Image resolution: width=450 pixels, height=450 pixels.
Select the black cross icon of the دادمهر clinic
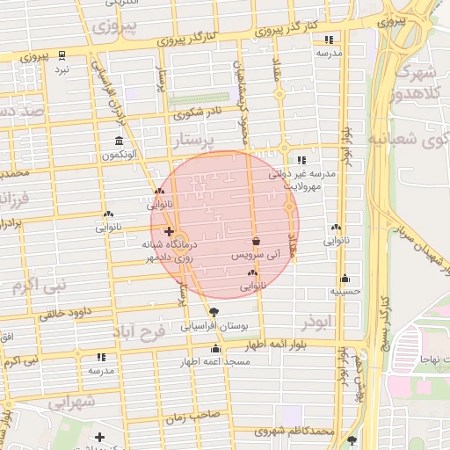pyautogui.click(x=169, y=231)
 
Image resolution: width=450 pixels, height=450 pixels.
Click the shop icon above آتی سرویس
pyautogui.click(x=256, y=240)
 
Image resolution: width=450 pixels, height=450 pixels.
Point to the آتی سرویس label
pyautogui.click(x=254, y=254)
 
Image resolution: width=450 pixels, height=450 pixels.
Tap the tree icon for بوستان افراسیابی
pyautogui.click(x=214, y=312)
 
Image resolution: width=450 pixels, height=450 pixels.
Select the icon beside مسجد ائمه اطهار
pyautogui.click(x=216, y=349)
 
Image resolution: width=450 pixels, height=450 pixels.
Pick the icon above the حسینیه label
pyautogui.click(x=345, y=278)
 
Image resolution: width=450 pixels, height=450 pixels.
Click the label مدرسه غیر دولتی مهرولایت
pyautogui.click(x=310, y=180)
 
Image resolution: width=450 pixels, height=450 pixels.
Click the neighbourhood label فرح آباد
pyautogui.click(x=145, y=333)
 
